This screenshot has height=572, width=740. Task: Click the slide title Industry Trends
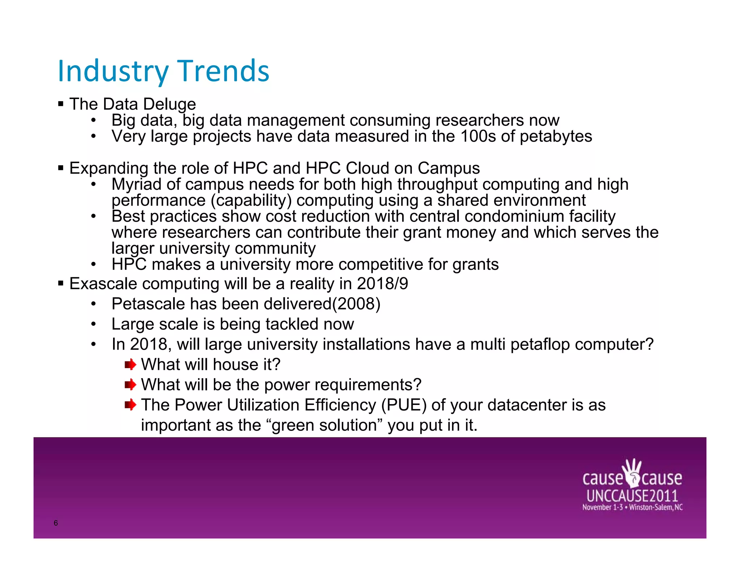[x=163, y=71]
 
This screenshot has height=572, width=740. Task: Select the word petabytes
[x=556, y=137]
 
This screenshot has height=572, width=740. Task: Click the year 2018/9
[x=382, y=284]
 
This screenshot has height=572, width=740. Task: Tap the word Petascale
[x=148, y=304]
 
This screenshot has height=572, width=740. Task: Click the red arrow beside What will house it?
[x=130, y=364]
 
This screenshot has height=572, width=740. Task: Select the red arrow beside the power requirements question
[x=130, y=385]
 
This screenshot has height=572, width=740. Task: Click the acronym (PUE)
[x=404, y=405]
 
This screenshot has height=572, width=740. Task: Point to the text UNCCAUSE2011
[x=632, y=496]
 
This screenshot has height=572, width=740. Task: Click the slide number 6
[x=56, y=523]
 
